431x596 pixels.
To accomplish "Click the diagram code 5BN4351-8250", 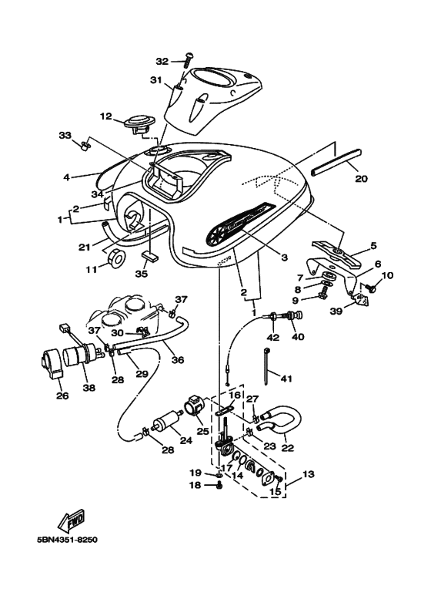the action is coord(67,540).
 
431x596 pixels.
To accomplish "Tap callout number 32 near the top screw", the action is coord(162,61).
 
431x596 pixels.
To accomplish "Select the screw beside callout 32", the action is coord(189,59).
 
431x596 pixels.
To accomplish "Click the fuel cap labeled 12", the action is coord(139,123).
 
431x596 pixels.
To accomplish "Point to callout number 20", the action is coord(361,178).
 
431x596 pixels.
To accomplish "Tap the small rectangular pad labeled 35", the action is coord(150,257).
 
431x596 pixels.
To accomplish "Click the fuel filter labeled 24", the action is coord(165,424).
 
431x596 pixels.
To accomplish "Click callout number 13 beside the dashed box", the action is coord(309,474).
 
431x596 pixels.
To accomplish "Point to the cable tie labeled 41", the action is coord(266,365).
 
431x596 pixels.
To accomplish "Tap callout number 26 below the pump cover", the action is coord(62,396).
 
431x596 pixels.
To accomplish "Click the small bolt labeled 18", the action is coord(219,485).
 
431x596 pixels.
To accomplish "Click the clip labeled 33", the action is coord(85,145).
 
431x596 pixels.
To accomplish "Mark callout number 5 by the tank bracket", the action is coord(374,245).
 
